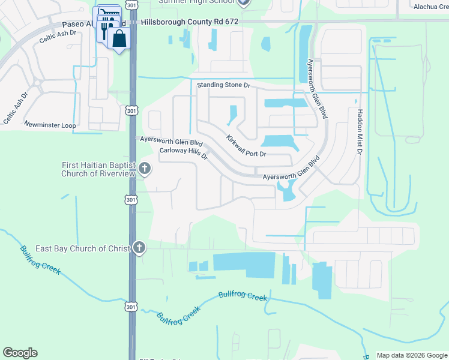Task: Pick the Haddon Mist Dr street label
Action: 360,132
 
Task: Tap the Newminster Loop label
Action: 50,125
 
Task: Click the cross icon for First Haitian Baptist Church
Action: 144,169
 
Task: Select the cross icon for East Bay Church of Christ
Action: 139,248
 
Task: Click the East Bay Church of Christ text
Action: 83,248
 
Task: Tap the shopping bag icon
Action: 119,39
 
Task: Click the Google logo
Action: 20,353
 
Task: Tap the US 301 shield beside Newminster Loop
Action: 131,110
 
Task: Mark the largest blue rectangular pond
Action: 244,265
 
